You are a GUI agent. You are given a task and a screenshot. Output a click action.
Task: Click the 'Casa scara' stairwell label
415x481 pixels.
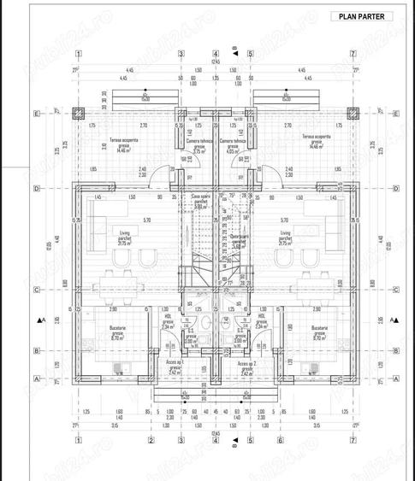(x=199, y=204)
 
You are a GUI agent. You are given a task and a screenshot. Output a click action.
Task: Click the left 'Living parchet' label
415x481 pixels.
(x=107, y=234)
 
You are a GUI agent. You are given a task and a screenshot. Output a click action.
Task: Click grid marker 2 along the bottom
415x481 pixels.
(x=149, y=442)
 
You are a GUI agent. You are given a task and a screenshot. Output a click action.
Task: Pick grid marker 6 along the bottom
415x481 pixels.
(x=280, y=442)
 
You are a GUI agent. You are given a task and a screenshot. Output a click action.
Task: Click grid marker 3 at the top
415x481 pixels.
(x=181, y=54)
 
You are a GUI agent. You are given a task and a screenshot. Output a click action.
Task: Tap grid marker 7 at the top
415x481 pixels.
(x=353, y=54)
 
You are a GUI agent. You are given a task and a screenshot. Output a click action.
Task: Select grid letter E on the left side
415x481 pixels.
(x=37, y=112)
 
